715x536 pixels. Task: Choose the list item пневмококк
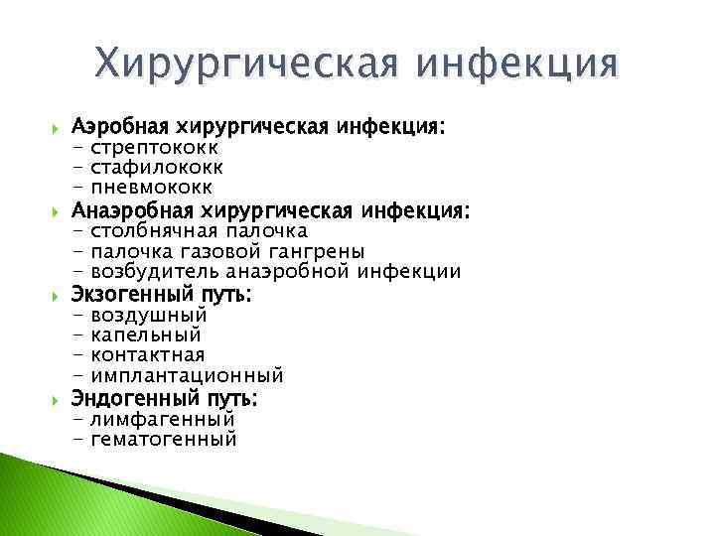coord(151,188)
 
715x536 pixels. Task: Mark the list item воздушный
coord(149,316)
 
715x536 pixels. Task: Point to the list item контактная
coord(148,355)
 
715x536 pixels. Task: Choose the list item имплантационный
coord(187,376)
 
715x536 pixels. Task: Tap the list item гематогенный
coord(164,440)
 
